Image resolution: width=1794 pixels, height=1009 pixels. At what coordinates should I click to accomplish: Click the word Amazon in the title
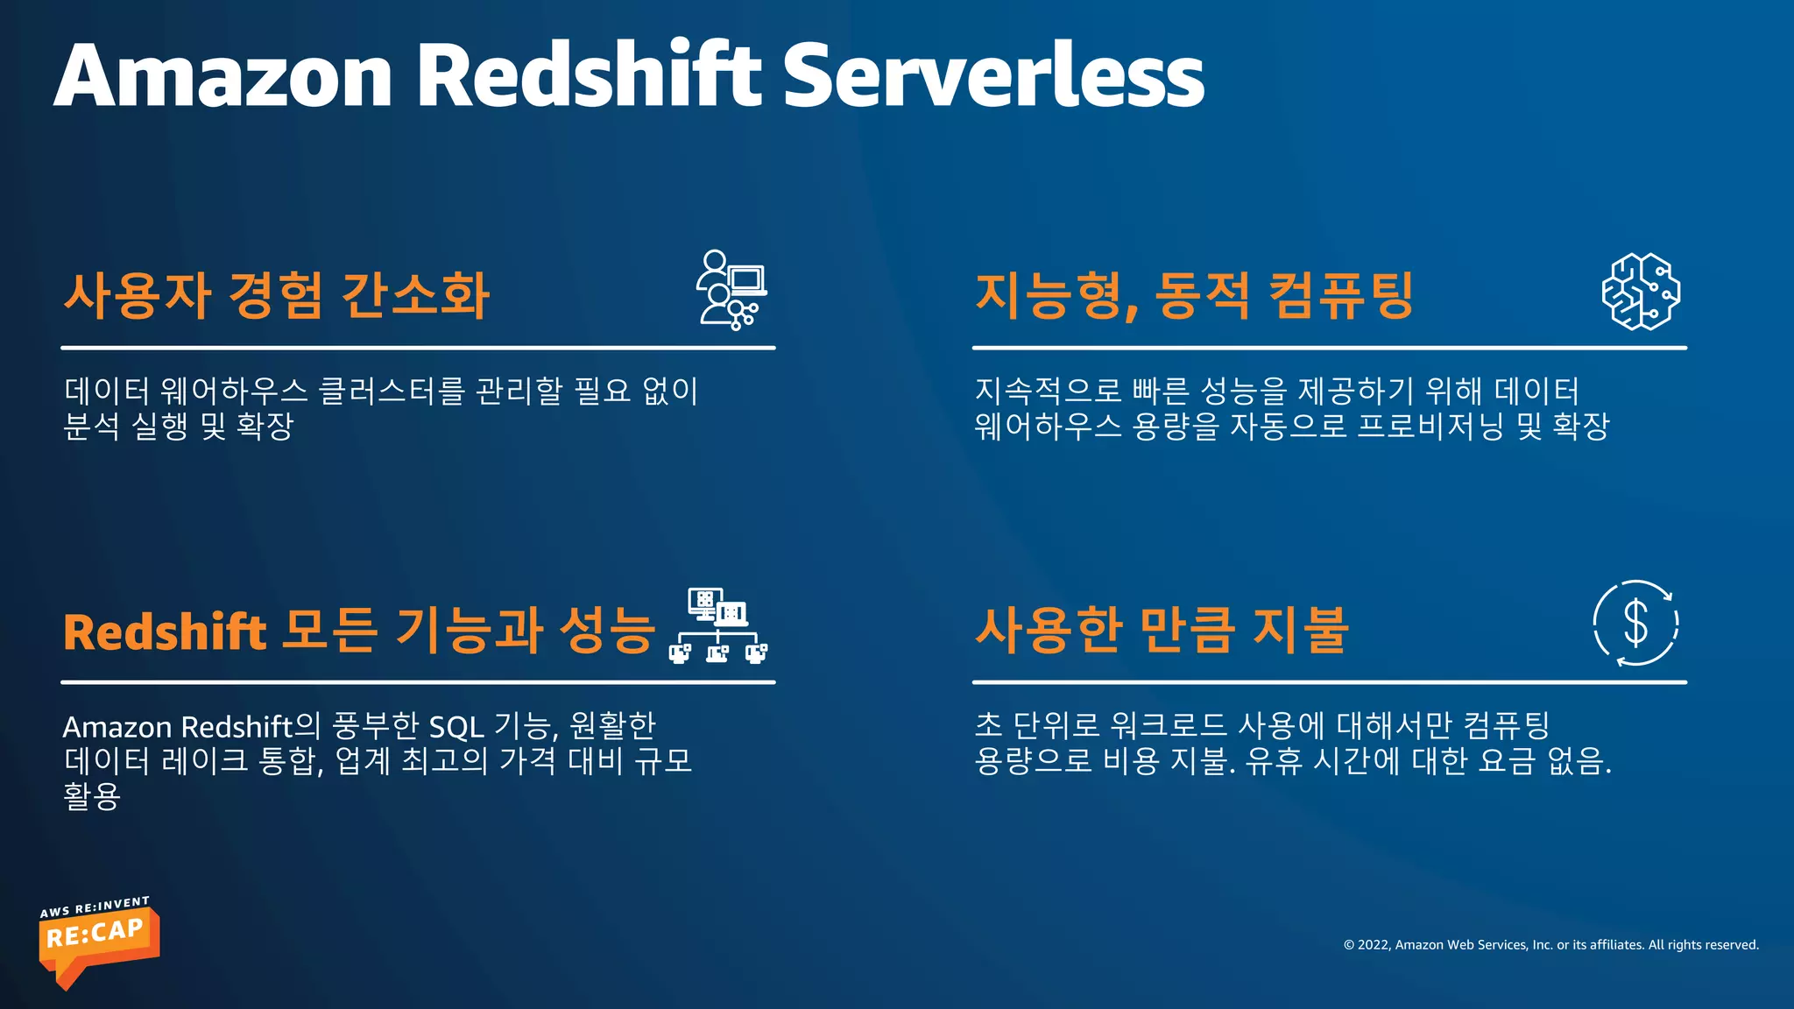[x=223, y=76]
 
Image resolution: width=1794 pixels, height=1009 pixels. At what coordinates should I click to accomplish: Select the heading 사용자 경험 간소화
[x=276, y=295]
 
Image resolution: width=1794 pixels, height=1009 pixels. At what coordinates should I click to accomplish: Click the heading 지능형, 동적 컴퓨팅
[x=1194, y=295]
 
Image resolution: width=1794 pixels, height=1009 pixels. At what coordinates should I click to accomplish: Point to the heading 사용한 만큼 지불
[x=1162, y=630]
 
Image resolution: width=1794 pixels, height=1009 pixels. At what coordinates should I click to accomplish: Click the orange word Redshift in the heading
[x=165, y=632]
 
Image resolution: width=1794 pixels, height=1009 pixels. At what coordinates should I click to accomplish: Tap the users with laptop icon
[x=732, y=290]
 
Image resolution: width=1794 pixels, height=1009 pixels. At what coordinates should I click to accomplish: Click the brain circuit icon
[x=1641, y=292]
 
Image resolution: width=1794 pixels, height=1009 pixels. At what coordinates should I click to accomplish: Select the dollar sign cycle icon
[x=1635, y=624]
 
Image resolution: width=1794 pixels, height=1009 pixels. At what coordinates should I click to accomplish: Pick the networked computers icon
[x=719, y=625]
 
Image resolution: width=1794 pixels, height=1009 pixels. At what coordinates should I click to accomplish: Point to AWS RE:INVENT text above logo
[x=95, y=907]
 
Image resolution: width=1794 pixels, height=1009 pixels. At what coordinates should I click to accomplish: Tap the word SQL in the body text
[x=456, y=727]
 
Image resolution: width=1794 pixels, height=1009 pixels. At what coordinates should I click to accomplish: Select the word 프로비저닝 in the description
[x=1430, y=427]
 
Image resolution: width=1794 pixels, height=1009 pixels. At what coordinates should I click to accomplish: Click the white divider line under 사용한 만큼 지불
[x=1329, y=682]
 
